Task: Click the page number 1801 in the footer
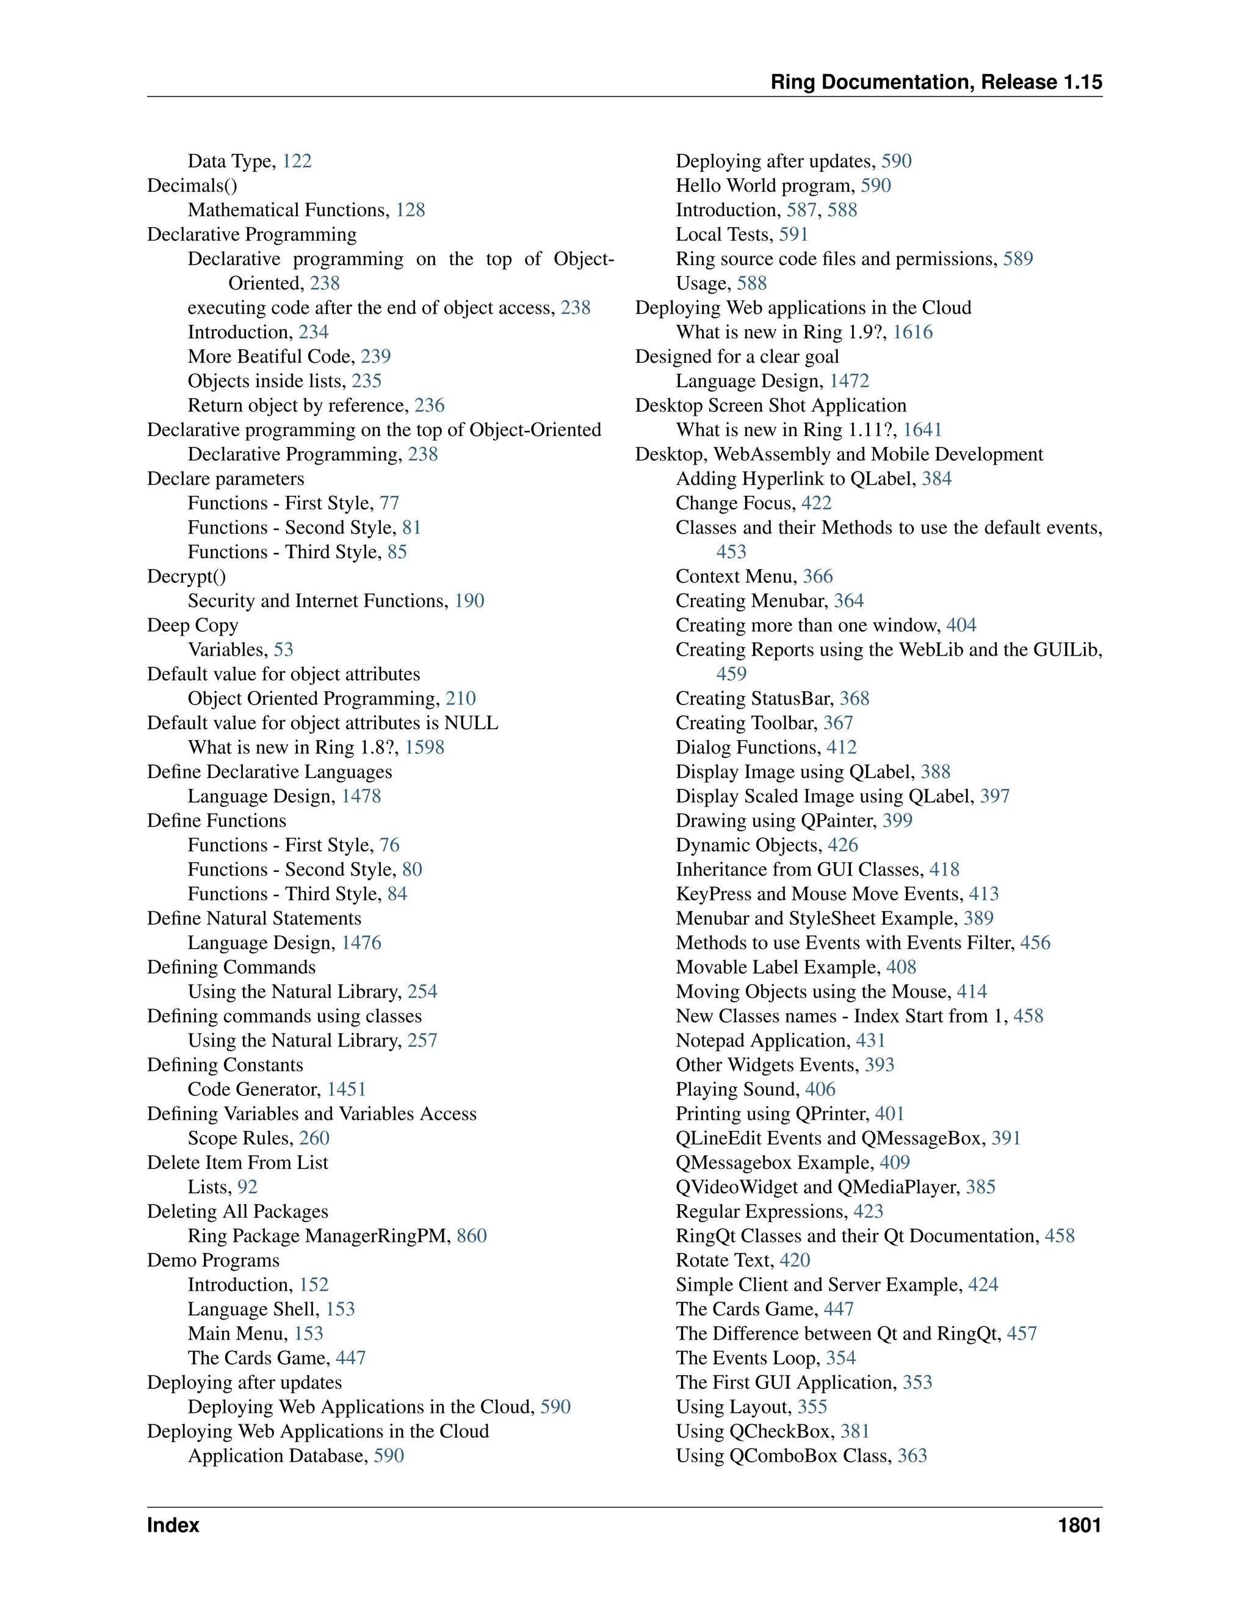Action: coord(1079,1525)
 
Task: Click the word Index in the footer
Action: coord(173,1525)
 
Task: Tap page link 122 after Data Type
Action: coord(297,162)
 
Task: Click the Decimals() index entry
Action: coord(192,186)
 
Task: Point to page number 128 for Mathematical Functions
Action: coord(410,211)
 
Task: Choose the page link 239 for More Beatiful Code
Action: coord(375,357)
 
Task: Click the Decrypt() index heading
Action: coord(186,576)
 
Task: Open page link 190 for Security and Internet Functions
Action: coord(469,601)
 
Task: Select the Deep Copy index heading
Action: coord(192,625)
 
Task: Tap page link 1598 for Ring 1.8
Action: coord(424,747)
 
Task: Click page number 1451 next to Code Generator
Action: coord(347,1089)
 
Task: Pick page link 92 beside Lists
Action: coord(247,1187)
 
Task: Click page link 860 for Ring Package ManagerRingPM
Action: coord(472,1236)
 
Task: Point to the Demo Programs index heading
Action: coord(213,1260)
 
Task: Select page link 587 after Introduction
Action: coord(801,211)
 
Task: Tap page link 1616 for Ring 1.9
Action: coord(912,333)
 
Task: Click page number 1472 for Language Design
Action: coord(848,382)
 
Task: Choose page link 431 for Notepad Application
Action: coord(871,1041)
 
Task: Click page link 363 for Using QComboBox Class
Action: coord(912,1456)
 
